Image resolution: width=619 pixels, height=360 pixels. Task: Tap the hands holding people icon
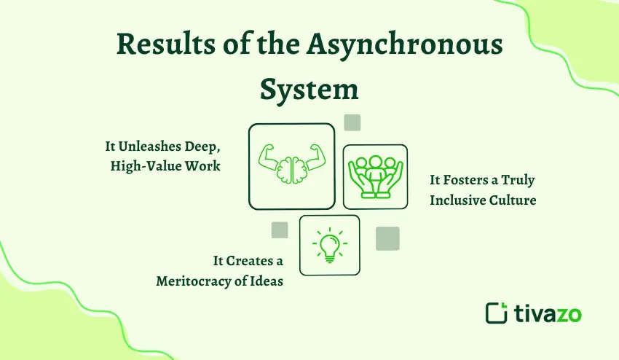[375, 176]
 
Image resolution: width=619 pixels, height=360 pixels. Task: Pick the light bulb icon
[329, 245]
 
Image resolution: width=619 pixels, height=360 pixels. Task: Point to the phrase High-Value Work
[165, 166]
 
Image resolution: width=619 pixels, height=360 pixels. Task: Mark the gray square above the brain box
[352, 122]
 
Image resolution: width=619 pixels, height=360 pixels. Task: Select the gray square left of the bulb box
[280, 230]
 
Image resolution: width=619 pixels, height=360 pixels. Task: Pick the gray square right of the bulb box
[387, 238]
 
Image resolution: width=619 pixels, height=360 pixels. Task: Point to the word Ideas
[267, 281]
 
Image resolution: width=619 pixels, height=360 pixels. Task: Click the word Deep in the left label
[205, 146]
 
